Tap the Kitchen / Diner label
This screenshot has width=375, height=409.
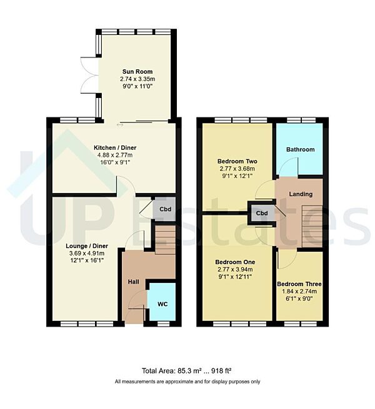(113, 147)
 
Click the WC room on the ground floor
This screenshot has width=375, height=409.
(161, 304)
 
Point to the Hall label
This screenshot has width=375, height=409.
(133, 282)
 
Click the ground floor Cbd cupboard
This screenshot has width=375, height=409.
(165, 209)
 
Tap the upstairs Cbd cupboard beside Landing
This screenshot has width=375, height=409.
(261, 213)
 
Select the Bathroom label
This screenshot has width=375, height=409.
(300, 150)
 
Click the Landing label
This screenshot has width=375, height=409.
(301, 194)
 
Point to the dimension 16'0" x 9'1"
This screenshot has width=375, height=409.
(113, 162)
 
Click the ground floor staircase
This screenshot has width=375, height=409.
(165, 240)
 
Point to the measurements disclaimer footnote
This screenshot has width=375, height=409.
(187, 382)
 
